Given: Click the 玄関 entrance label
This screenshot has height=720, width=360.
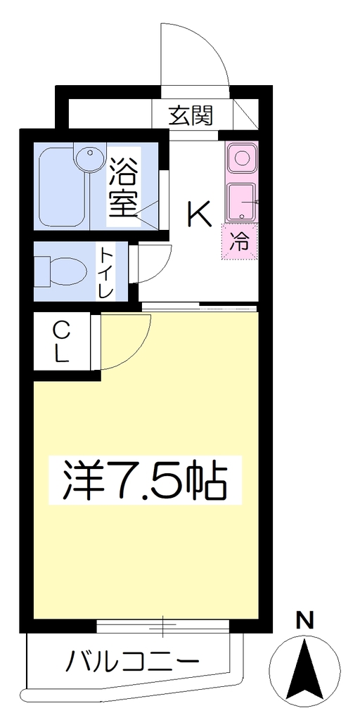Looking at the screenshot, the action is [191, 115].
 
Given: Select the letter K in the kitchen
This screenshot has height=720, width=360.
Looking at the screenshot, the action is [199, 214].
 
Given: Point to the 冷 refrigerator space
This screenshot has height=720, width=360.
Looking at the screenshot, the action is [240, 242].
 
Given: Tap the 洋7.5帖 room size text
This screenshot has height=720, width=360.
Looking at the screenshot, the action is [145, 480].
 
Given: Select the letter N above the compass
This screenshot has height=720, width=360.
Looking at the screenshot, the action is [304, 622].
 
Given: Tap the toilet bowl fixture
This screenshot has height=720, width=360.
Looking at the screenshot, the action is [61, 271].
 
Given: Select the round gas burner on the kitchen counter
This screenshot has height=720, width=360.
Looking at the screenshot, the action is [242, 157].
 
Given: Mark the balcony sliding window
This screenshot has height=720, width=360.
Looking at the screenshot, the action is [163, 626].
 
